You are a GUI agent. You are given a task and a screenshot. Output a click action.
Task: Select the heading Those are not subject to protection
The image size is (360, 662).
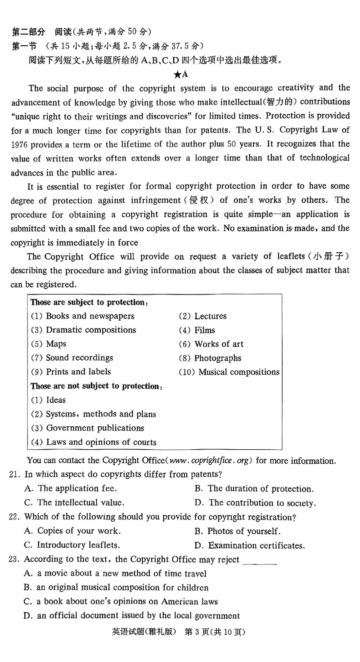click(96, 386)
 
